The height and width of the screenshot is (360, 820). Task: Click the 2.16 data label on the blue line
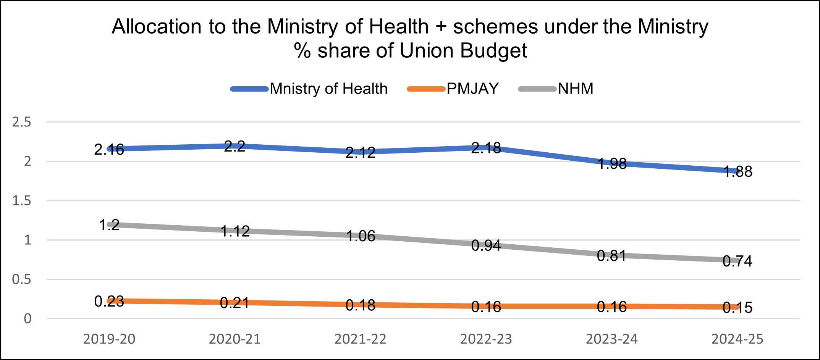109,150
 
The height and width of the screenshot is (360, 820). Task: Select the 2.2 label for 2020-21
235,146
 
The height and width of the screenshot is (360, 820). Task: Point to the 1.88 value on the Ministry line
738,171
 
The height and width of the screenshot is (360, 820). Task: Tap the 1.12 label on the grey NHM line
235,231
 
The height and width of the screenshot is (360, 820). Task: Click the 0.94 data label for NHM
486,245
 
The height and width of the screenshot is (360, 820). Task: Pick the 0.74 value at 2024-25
738,261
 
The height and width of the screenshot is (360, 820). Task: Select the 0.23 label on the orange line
109,302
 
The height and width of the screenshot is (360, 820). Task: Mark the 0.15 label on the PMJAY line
738,307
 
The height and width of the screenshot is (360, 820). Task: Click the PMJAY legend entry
472,89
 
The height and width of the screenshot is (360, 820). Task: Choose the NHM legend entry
575,89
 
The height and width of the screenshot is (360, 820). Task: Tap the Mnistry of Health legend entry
328,89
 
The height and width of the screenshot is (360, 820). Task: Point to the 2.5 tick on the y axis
21,122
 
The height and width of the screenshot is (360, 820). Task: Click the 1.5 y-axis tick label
21,201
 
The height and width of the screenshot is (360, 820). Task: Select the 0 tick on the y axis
27,319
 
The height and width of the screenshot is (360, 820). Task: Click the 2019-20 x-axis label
109,339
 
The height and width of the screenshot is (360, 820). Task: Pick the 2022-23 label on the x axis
486,339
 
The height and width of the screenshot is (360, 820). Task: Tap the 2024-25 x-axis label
737,339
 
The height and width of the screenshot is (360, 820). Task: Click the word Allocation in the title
157,27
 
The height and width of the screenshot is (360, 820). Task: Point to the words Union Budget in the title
463,51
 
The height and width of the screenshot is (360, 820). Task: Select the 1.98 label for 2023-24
612,164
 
